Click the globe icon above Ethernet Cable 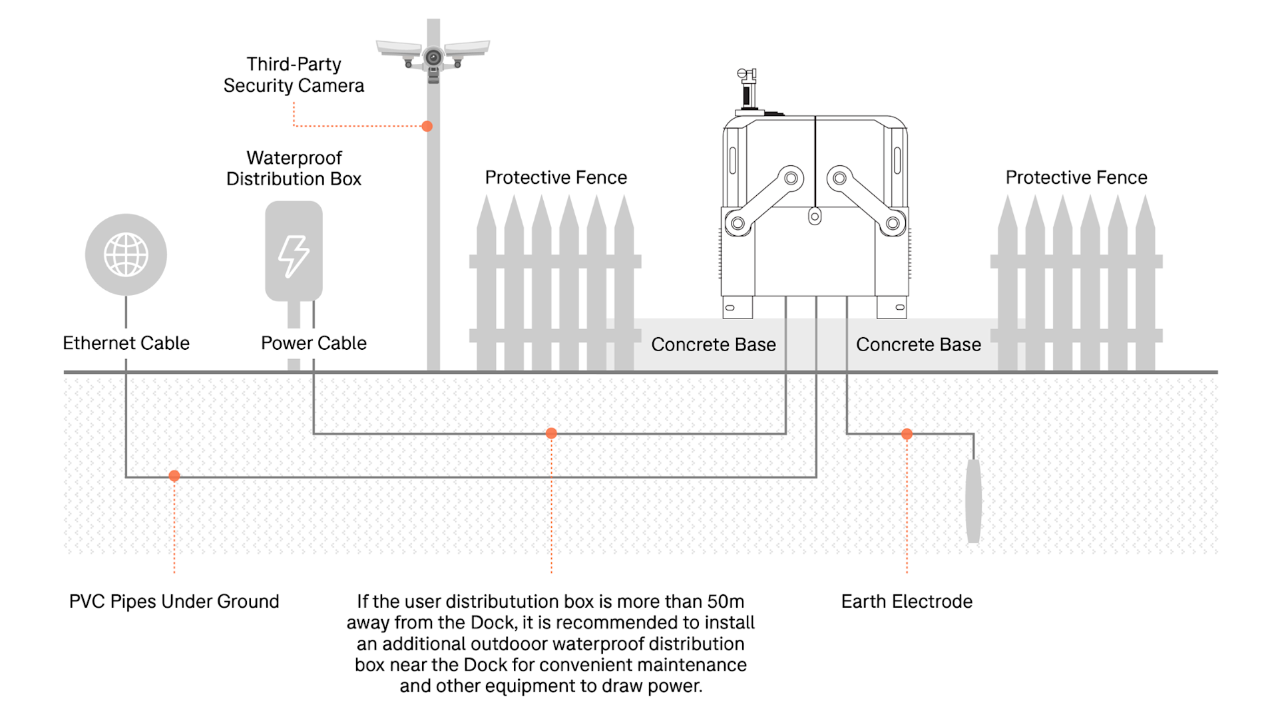click(x=126, y=255)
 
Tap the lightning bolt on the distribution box click(x=294, y=256)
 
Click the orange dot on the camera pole click(x=427, y=126)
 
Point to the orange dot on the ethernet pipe click(x=174, y=476)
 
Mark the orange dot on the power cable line click(x=551, y=433)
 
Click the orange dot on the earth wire click(x=907, y=434)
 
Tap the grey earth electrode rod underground click(x=973, y=500)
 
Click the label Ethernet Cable click(x=126, y=343)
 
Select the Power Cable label click(x=314, y=343)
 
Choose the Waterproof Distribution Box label click(x=294, y=168)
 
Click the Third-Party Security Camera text click(x=294, y=75)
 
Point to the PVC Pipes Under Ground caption click(x=174, y=601)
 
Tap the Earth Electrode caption click(x=907, y=601)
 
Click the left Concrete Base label click(x=714, y=345)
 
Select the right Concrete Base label click(x=919, y=345)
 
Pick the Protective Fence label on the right click(x=1076, y=177)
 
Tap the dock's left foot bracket click(x=738, y=307)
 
